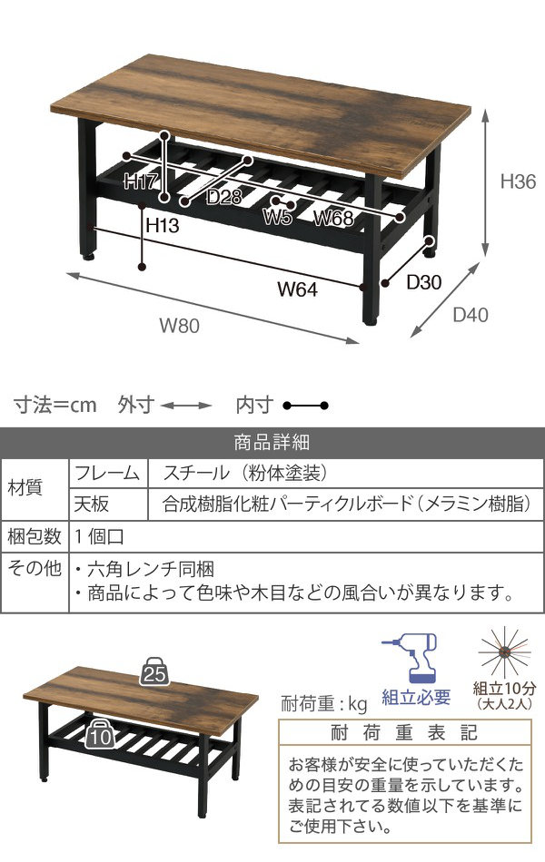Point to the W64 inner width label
(x=296, y=290)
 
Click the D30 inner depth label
(x=423, y=282)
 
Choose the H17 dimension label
(x=143, y=181)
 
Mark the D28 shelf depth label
(x=223, y=197)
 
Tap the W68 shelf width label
(x=333, y=218)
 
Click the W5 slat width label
(x=278, y=217)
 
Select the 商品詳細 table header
(x=272, y=443)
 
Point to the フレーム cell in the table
(x=107, y=473)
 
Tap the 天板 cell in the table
(x=92, y=504)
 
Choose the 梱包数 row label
(x=35, y=535)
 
